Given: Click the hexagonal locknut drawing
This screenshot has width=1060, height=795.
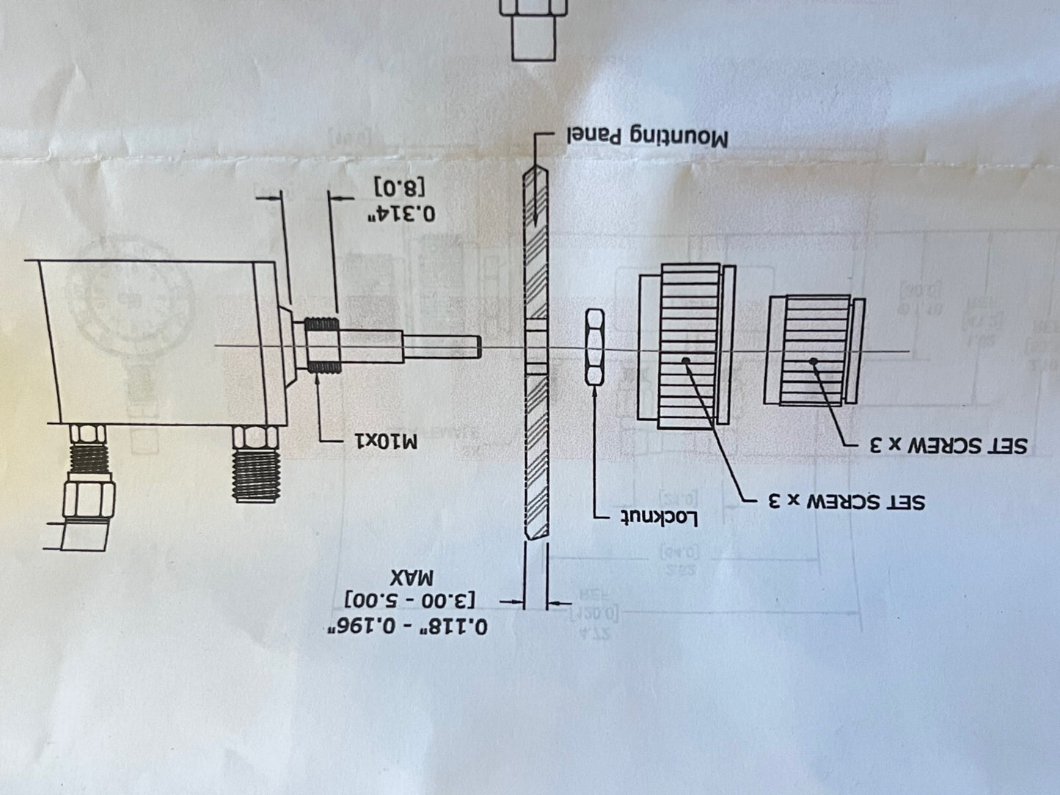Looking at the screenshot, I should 594,347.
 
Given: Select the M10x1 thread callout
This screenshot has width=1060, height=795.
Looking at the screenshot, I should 385,442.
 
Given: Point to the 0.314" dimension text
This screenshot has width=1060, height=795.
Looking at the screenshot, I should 401,213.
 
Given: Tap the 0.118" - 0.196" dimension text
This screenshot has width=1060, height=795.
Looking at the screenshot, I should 407,626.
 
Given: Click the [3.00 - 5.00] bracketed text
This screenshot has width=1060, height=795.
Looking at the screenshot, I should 411,600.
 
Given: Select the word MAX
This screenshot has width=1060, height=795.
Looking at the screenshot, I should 412,575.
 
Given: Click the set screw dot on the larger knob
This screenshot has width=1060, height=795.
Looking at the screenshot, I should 685,360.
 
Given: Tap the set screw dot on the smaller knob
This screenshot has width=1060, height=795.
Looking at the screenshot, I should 813,361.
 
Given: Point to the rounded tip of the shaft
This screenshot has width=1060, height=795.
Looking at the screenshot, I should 475,346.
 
